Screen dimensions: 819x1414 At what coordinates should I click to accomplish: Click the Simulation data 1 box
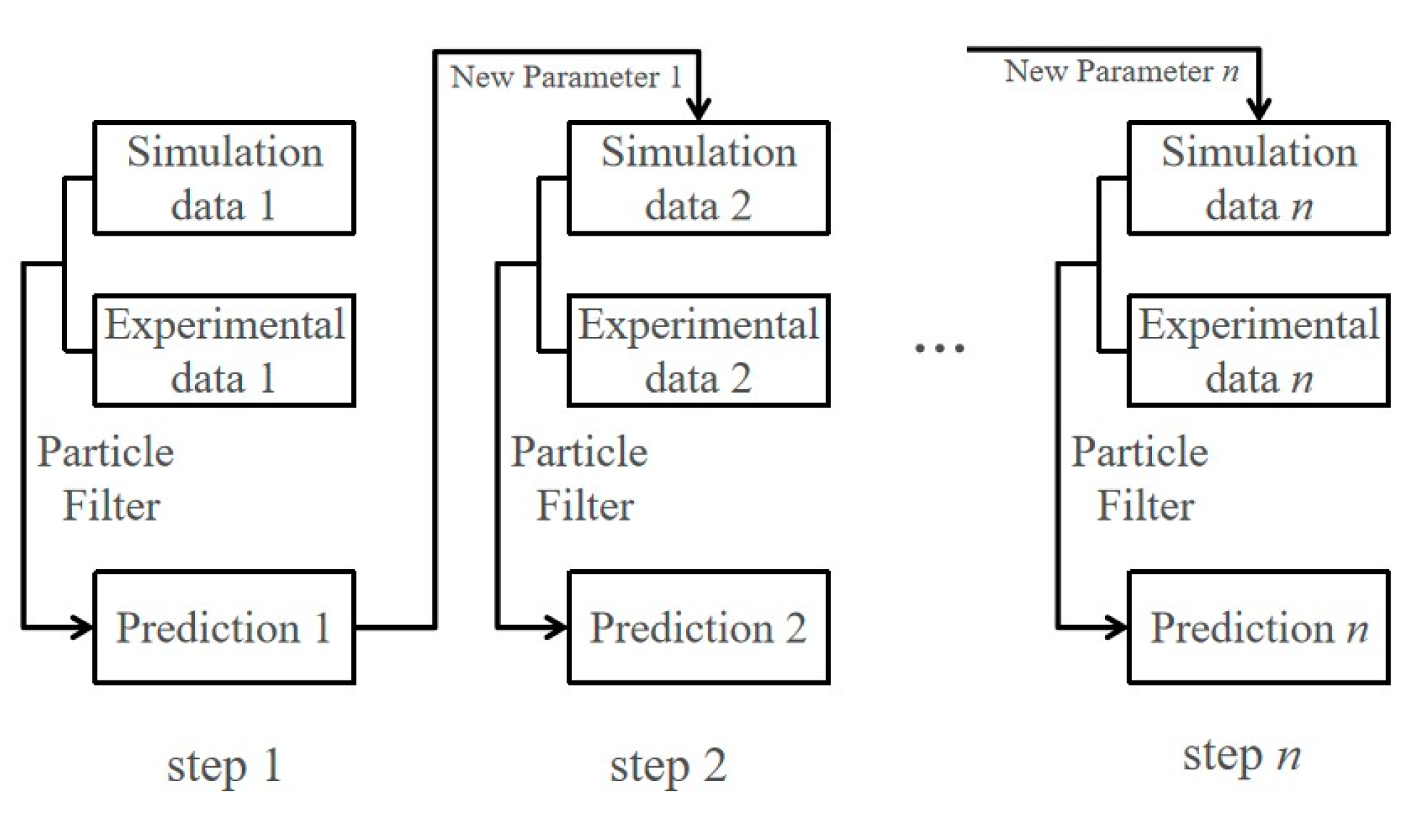coord(224,178)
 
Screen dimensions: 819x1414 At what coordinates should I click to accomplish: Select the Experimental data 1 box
coord(224,351)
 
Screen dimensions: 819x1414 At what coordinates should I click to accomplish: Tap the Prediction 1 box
coord(224,628)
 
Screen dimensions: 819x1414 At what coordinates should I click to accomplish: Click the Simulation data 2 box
coord(698,178)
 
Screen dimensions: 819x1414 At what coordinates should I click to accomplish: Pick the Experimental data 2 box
coord(698,351)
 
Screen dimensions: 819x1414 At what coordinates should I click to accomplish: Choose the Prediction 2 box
coord(698,628)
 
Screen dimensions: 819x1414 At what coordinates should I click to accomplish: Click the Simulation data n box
coord(1258,178)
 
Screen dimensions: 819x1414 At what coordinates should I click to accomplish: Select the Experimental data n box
coord(1258,351)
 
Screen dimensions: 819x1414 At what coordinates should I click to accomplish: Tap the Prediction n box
coord(1258,628)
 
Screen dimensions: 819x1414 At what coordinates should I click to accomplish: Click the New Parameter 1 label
coord(566,77)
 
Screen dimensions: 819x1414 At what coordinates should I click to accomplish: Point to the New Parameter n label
coord(1121,71)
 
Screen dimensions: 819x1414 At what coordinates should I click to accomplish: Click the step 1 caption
coord(224,765)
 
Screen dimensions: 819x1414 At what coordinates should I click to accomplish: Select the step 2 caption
coord(668,765)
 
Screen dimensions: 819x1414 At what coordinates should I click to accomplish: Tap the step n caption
coord(1241,755)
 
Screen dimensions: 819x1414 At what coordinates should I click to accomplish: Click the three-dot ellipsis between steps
coord(939,348)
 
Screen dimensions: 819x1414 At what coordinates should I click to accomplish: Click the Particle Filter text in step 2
coord(580,479)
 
